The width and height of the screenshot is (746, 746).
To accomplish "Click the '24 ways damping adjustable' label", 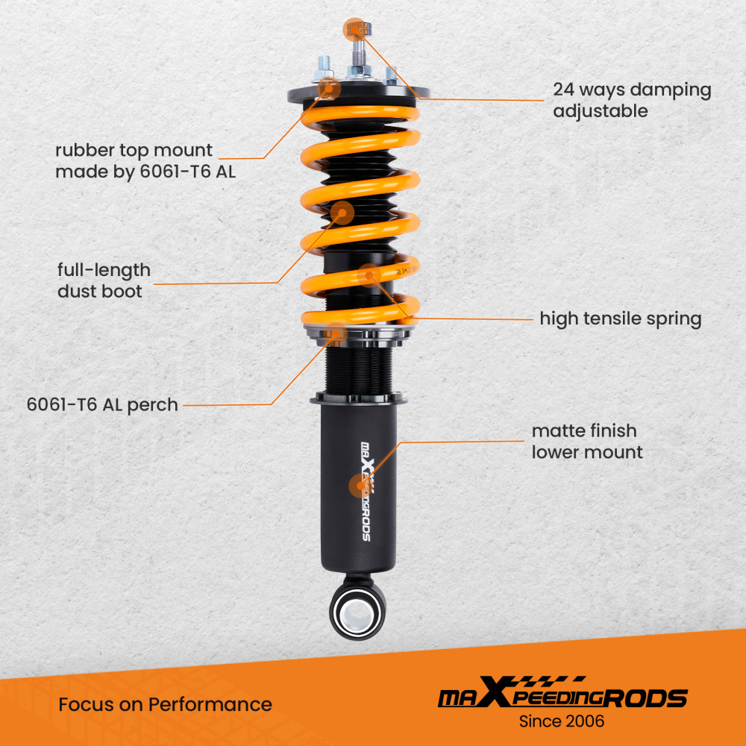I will click(x=631, y=101).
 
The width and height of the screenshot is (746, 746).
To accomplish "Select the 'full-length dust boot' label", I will click(x=104, y=280).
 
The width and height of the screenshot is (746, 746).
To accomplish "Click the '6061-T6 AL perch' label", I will click(x=102, y=405).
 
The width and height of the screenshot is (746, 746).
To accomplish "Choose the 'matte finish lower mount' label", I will click(x=586, y=441).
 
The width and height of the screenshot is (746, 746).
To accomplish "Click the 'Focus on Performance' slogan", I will click(x=165, y=704).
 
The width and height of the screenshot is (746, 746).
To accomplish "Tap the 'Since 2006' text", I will click(x=561, y=721).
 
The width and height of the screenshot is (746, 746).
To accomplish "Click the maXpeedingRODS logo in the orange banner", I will click(x=561, y=697).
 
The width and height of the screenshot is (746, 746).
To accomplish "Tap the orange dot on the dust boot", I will click(x=342, y=213).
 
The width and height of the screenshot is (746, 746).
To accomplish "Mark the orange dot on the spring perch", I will click(x=337, y=335).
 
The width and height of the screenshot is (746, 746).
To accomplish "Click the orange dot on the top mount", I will click(x=329, y=89).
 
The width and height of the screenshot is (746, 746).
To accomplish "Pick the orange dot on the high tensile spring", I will click(x=369, y=276).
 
